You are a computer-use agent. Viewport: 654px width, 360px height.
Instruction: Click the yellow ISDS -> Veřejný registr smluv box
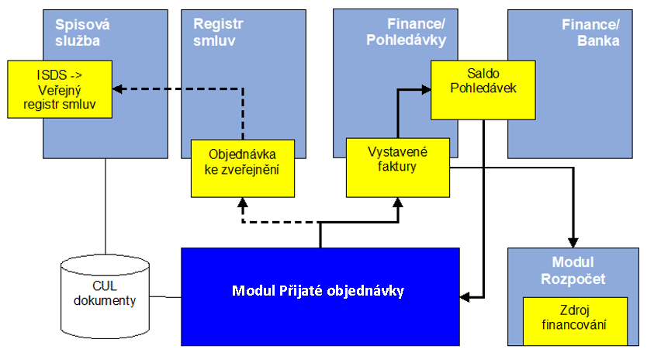click(60, 89)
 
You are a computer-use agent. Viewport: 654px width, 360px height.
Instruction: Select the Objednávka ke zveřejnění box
click(243, 168)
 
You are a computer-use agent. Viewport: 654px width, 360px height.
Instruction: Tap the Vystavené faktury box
click(398, 168)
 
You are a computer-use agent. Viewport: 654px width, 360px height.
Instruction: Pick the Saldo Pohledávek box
click(483, 90)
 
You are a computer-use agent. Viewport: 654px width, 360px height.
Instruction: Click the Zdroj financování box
click(575, 321)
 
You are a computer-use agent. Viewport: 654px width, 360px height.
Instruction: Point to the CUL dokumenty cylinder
click(105, 296)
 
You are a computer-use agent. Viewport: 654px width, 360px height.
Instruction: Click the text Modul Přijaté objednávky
click(318, 291)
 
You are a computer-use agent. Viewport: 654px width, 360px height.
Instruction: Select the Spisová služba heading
click(82, 33)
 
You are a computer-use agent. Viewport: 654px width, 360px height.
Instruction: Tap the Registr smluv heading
click(218, 32)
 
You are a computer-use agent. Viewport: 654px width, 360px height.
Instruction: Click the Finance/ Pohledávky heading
click(407, 32)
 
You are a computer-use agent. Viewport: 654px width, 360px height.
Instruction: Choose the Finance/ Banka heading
click(590, 33)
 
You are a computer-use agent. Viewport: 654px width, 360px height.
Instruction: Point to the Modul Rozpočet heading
click(573, 270)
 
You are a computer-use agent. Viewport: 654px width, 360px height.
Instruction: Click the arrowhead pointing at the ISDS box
click(117, 89)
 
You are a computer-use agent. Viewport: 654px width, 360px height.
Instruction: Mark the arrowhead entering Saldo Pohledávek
click(426, 89)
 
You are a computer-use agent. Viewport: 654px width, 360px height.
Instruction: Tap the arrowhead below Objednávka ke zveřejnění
click(243, 202)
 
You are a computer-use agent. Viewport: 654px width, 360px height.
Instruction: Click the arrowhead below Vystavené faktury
click(398, 202)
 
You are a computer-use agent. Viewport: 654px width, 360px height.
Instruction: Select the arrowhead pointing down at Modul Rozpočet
click(573, 243)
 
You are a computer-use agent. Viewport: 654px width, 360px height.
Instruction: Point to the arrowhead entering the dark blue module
click(465, 297)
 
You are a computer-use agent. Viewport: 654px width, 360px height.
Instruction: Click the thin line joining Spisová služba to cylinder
click(105, 206)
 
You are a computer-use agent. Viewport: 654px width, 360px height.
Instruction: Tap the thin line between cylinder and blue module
click(165, 297)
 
